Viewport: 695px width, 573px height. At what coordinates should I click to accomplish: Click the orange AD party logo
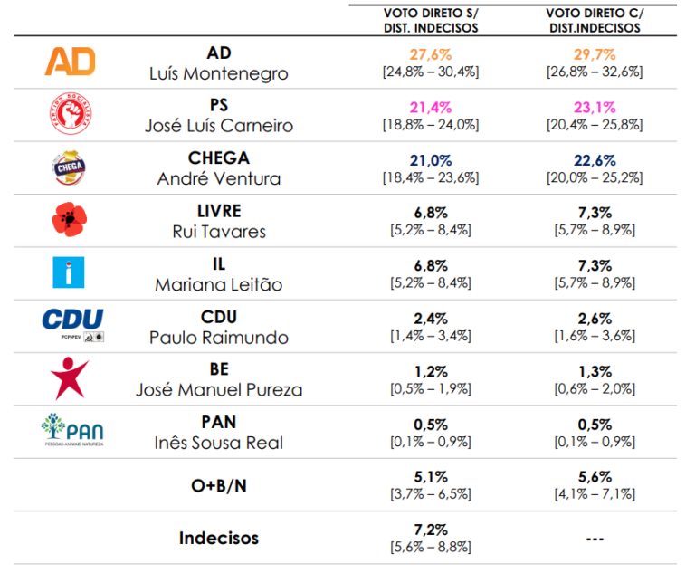[71, 62]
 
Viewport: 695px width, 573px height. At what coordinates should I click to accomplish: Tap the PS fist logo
[71, 114]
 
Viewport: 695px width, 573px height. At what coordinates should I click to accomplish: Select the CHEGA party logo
[71, 167]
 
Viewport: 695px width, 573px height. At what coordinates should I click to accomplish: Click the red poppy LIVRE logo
[71, 219]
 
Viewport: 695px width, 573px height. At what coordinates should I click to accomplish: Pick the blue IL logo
[71, 272]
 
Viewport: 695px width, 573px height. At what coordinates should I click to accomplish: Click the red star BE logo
[71, 377]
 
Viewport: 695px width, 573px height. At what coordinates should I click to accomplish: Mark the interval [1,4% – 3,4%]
[430, 337]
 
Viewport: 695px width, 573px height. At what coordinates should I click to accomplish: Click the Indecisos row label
[218, 538]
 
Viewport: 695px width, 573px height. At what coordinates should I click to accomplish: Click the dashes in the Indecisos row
[594, 539]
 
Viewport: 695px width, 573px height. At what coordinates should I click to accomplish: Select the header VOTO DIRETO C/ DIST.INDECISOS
[594, 21]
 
